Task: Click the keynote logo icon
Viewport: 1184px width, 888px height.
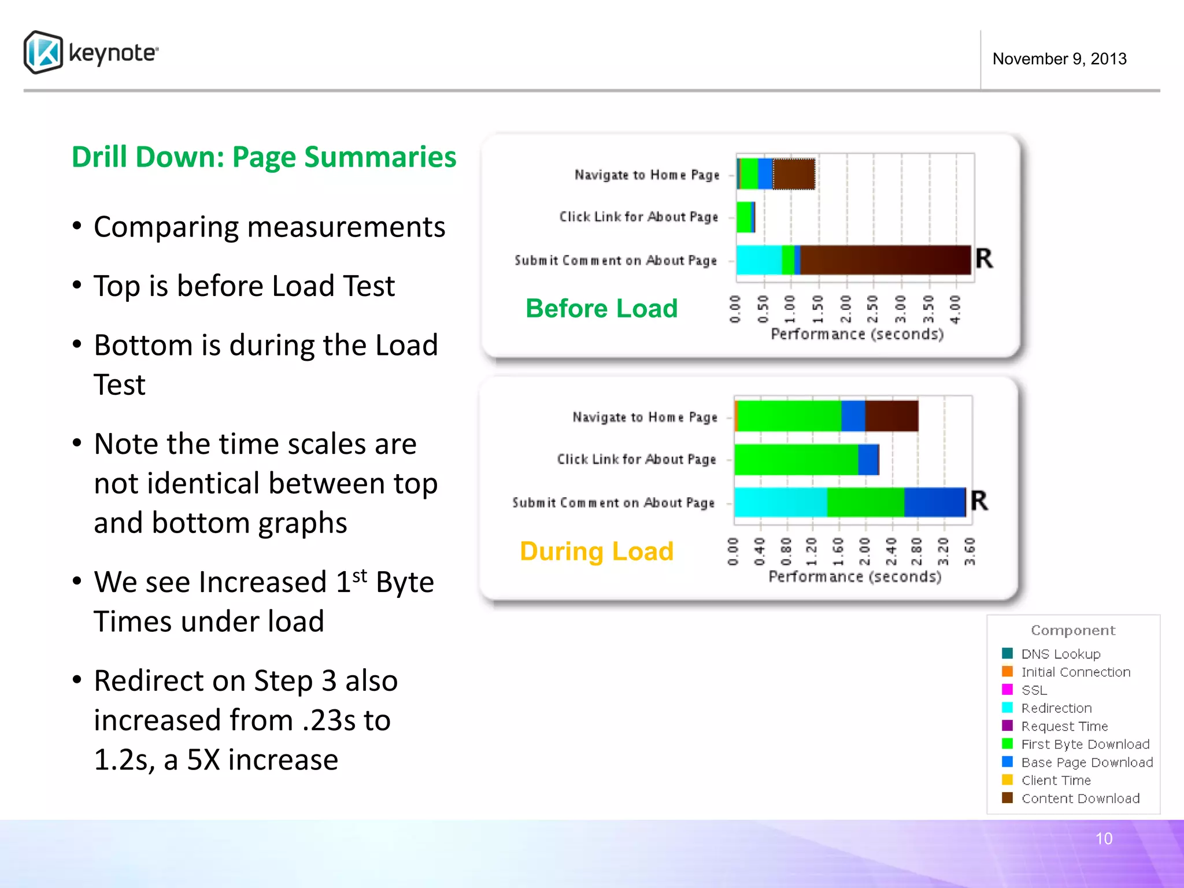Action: click(x=43, y=53)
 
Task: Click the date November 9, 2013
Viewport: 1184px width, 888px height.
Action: click(x=1059, y=59)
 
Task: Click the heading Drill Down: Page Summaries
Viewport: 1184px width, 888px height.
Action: click(x=264, y=157)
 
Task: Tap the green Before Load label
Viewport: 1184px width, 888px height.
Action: click(x=601, y=308)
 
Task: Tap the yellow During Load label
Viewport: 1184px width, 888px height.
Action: click(x=597, y=551)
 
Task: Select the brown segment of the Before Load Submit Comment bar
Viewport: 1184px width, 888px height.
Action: click(x=885, y=260)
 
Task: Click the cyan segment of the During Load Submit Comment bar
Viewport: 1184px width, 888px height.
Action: click(x=780, y=502)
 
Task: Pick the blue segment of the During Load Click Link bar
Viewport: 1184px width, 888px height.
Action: click(x=868, y=460)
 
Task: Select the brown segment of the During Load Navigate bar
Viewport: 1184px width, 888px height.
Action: click(x=891, y=416)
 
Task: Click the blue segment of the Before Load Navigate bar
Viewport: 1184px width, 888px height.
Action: click(x=765, y=174)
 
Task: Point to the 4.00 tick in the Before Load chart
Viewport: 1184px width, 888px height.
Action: click(x=956, y=309)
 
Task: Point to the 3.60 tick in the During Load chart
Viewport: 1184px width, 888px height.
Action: click(x=970, y=552)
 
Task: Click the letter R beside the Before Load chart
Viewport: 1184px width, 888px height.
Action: click(x=984, y=258)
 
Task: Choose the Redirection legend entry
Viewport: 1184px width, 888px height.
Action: click(x=1056, y=708)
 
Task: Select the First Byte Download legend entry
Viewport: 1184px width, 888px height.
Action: click(x=1085, y=744)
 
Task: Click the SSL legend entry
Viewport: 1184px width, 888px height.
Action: click(x=1034, y=690)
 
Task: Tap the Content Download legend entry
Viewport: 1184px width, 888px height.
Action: click(x=1080, y=798)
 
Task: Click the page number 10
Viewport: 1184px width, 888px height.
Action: click(x=1104, y=839)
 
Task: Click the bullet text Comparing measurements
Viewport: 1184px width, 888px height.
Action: click(x=269, y=227)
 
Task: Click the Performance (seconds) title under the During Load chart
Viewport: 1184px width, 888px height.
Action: click(x=854, y=576)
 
